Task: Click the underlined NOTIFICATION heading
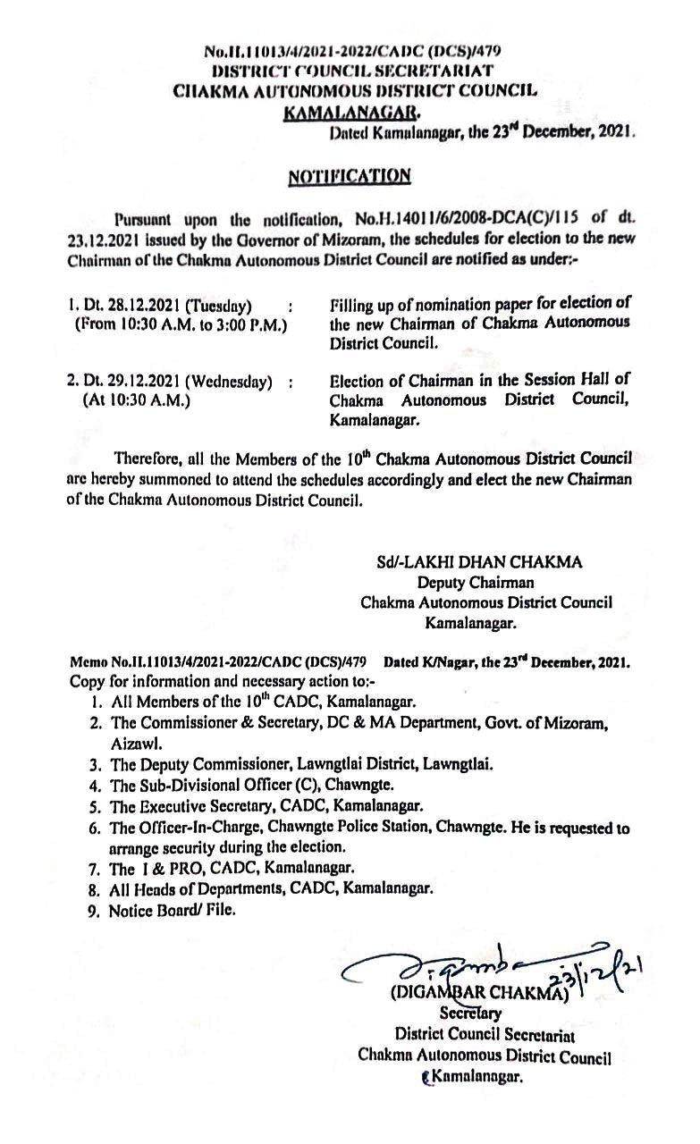[350, 176]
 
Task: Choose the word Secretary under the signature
[469, 1015]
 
